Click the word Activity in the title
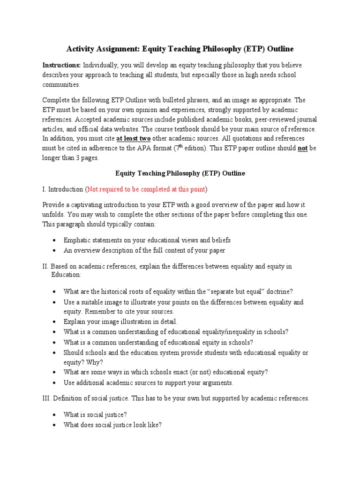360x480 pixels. [81, 49]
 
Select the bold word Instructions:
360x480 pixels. [62, 65]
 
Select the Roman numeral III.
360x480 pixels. [47, 398]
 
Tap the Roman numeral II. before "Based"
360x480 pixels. [46, 266]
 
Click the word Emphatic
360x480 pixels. [78, 240]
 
